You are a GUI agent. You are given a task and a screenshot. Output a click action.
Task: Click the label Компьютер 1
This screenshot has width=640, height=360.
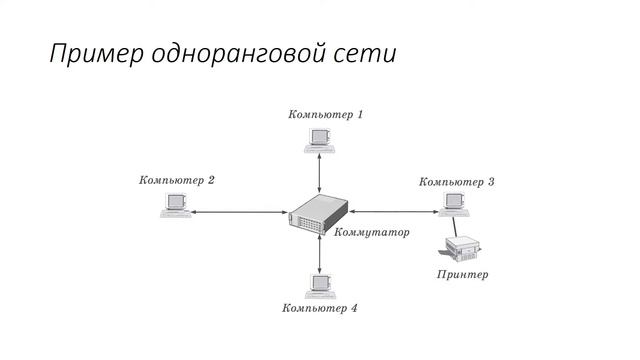(x=325, y=114)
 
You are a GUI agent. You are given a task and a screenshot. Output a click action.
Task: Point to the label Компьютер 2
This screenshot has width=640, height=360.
(x=177, y=181)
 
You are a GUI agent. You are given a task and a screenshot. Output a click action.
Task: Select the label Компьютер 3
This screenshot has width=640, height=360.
(x=457, y=182)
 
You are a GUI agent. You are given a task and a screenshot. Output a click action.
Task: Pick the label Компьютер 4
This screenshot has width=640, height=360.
(x=320, y=308)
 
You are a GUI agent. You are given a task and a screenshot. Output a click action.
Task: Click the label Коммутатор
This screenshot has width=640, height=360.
(x=371, y=234)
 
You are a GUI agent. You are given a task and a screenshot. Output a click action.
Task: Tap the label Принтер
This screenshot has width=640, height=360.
(x=462, y=273)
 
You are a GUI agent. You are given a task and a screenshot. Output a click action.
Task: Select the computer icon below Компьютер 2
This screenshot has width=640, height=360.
(x=175, y=206)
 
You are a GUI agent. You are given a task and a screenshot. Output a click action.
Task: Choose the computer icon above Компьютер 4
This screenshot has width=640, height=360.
(x=319, y=283)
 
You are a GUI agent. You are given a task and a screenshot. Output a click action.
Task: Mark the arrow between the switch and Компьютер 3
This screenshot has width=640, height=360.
(x=394, y=211)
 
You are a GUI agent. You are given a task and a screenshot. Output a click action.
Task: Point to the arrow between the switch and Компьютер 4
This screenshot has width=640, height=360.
(x=319, y=255)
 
